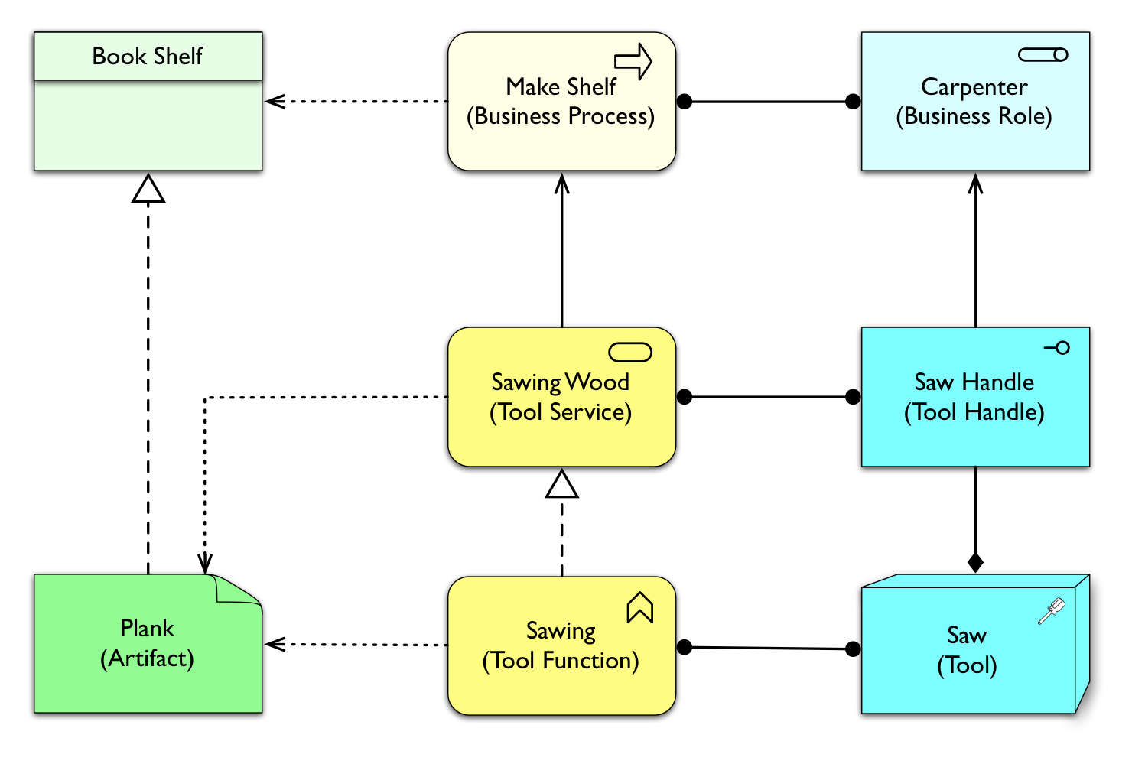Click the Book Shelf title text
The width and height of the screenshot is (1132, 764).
pos(148,56)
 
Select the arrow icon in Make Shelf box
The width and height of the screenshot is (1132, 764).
pos(633,61)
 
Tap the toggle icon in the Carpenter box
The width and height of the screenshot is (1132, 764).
pos(1043,55)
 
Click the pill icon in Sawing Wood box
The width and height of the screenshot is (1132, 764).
pos(630,352)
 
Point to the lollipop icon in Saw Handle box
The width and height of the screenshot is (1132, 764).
pos(1058,348)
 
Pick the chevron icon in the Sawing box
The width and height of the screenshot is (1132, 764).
pos(640,608)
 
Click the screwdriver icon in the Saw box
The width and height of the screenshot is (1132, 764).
pos(1052,610)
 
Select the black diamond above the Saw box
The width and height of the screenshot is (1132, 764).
pos(975,563)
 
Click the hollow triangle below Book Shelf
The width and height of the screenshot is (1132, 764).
pos(148,190)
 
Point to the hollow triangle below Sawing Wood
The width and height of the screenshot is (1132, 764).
pos(562,485)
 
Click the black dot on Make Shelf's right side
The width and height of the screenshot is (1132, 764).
pos(685,101)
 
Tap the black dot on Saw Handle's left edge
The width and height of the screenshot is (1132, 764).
pos(853,397)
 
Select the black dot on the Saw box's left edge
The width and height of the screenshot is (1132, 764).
pos(853,649)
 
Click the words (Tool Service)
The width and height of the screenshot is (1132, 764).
pos(561,412)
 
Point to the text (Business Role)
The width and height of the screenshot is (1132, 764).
pos(974,116)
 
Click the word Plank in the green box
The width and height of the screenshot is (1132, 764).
pos(148,629)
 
